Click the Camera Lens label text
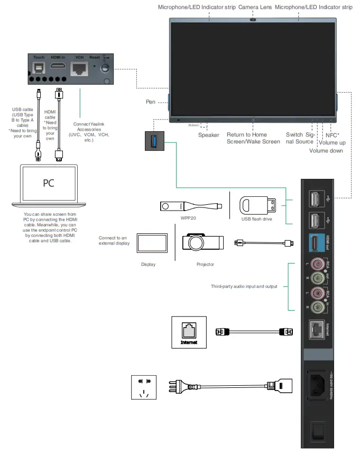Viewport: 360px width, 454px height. click(x=255, y=7)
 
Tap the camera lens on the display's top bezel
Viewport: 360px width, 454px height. click(x=253, y=21)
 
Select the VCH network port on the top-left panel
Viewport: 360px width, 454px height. click(x=79, y=68)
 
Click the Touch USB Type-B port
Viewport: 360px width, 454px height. click(x=38, y=68)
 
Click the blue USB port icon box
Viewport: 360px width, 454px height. click(x=154, y=141)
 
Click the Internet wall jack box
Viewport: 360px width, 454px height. click(x=188, y=332)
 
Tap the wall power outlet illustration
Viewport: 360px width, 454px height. click(x=144, y=388)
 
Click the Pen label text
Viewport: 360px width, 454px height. click(x=150, y=102)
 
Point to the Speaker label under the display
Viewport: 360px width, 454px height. click(x=208, y=135)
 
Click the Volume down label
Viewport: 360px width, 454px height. click(x=326, y=151)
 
